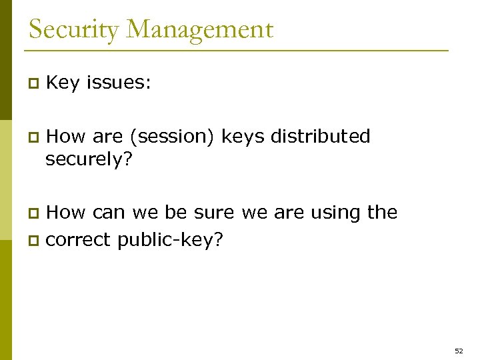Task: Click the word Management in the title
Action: coord(201,30)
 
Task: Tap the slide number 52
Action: coord(458,350)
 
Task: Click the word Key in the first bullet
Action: coord(63,83)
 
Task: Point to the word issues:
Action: coord(119,83)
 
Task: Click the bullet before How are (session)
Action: coord(31,137)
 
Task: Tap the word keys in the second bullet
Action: coord(243,137)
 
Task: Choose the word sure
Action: coord(214,213)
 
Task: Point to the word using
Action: coord(335,213)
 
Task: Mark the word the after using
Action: coord(383,213)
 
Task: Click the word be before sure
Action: coord(176,213)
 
